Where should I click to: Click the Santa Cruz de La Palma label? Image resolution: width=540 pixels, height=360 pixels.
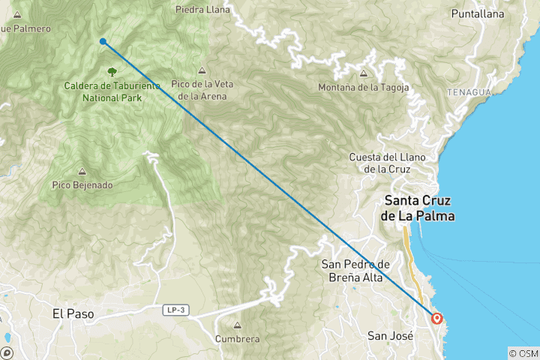pos(419,208)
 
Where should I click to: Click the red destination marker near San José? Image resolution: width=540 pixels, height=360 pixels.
pos(436,319)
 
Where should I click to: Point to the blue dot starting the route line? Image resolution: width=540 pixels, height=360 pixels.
pos(103,42)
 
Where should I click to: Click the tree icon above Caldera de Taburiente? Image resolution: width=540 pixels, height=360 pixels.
pos(112,72)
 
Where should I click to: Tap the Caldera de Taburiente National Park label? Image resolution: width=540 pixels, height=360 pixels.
pos(112,91)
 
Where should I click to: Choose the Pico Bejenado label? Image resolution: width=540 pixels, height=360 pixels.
pos(82,184)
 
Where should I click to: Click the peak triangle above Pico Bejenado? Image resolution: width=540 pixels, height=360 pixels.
pos(82,172)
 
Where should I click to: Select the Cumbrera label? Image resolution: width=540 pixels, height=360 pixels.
pos(237,339)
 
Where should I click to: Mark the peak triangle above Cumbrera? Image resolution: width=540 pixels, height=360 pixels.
pos(237,326)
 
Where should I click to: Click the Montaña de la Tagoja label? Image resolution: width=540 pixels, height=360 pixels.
pos(364,87)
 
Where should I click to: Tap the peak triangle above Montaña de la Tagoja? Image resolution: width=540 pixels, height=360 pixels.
pos(364,73)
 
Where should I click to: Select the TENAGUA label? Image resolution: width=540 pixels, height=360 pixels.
pos(469,91)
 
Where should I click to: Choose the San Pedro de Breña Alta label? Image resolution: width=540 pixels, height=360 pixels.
pos(355,271)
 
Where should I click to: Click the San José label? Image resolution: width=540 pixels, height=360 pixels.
pos(390,336)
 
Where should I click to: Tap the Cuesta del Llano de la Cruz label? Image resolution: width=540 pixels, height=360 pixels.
pos(387,163)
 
